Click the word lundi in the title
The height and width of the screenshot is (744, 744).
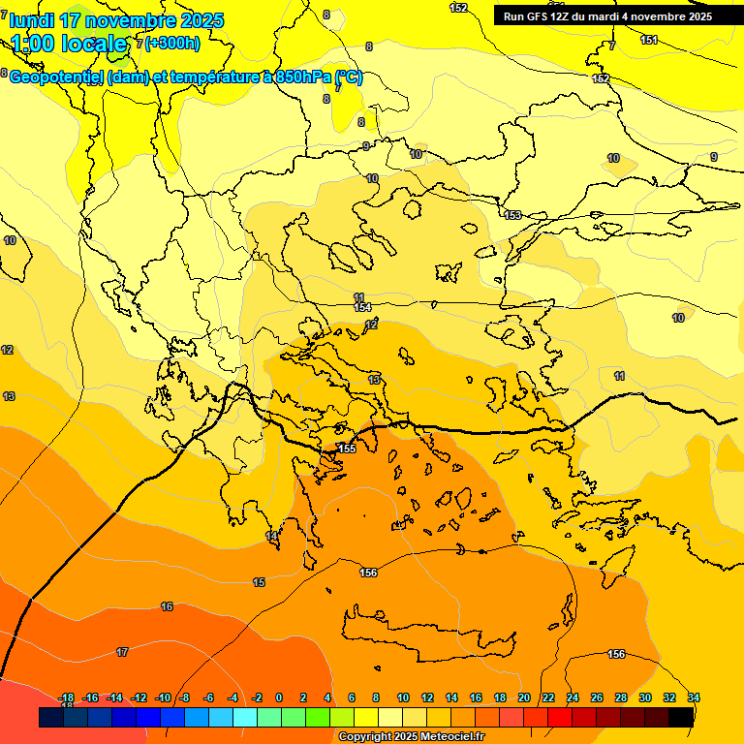[32, 20]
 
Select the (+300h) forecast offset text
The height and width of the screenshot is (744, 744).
[172, 43]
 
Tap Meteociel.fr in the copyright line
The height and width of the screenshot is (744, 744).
[447, 737]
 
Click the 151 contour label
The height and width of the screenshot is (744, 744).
[649, 40]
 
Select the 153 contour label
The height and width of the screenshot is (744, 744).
[512, 215]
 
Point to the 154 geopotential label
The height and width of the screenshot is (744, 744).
[363, 307]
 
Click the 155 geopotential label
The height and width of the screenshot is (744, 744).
[347, 449]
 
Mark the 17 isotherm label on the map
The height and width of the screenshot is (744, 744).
[122, 652]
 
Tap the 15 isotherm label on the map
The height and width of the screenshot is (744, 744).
[259, 582]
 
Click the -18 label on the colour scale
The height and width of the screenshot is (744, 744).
[67, 697]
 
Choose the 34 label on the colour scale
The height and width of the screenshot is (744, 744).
[693, 697]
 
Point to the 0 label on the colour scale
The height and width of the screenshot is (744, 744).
[279, 697]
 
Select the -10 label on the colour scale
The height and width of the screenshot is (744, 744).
[162, 697]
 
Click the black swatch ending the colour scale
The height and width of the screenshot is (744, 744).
[681, 717]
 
